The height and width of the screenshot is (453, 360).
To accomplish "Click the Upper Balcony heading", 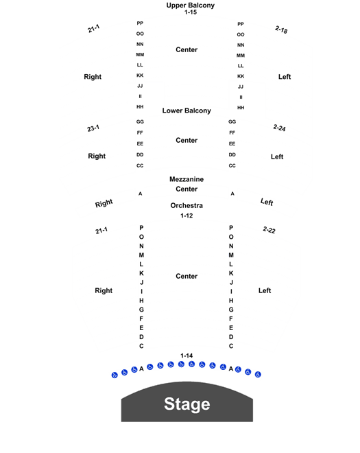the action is pos(190,5).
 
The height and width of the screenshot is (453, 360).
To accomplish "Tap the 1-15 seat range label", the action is pos(191,12).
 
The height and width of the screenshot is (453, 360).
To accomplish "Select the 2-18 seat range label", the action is pos(281,30).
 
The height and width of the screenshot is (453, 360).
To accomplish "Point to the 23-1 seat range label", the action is pos(93,128).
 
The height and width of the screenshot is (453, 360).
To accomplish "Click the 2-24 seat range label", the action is pos(280,128).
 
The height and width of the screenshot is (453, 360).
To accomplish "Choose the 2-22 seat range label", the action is pos(269,230).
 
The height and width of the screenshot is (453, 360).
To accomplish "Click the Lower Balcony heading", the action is pos(187,111).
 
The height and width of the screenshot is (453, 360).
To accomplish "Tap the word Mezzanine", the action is pos(187,179).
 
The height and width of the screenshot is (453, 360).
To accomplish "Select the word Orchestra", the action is pos(187,205).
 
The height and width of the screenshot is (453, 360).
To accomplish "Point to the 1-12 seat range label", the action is pos(187,216).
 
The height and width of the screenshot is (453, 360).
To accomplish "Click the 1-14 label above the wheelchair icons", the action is pos(187,356).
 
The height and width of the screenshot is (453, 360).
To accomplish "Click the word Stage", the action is pos(187,404).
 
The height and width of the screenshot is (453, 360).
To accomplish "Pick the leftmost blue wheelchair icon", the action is pos(115,375).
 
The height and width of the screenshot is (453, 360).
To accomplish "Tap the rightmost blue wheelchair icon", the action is pos(258,375).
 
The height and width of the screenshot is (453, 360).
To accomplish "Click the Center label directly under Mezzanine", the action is pos(187,189).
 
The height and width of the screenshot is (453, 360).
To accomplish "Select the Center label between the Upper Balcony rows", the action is pos(187,49).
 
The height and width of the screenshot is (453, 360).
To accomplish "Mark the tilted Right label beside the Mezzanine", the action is pos(104,203).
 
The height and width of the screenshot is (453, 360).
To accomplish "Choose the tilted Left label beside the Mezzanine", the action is pos(267,202).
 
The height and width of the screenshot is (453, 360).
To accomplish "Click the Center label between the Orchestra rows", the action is pos(187,276).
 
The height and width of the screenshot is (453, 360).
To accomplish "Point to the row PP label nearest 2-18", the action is pos(241,24).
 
